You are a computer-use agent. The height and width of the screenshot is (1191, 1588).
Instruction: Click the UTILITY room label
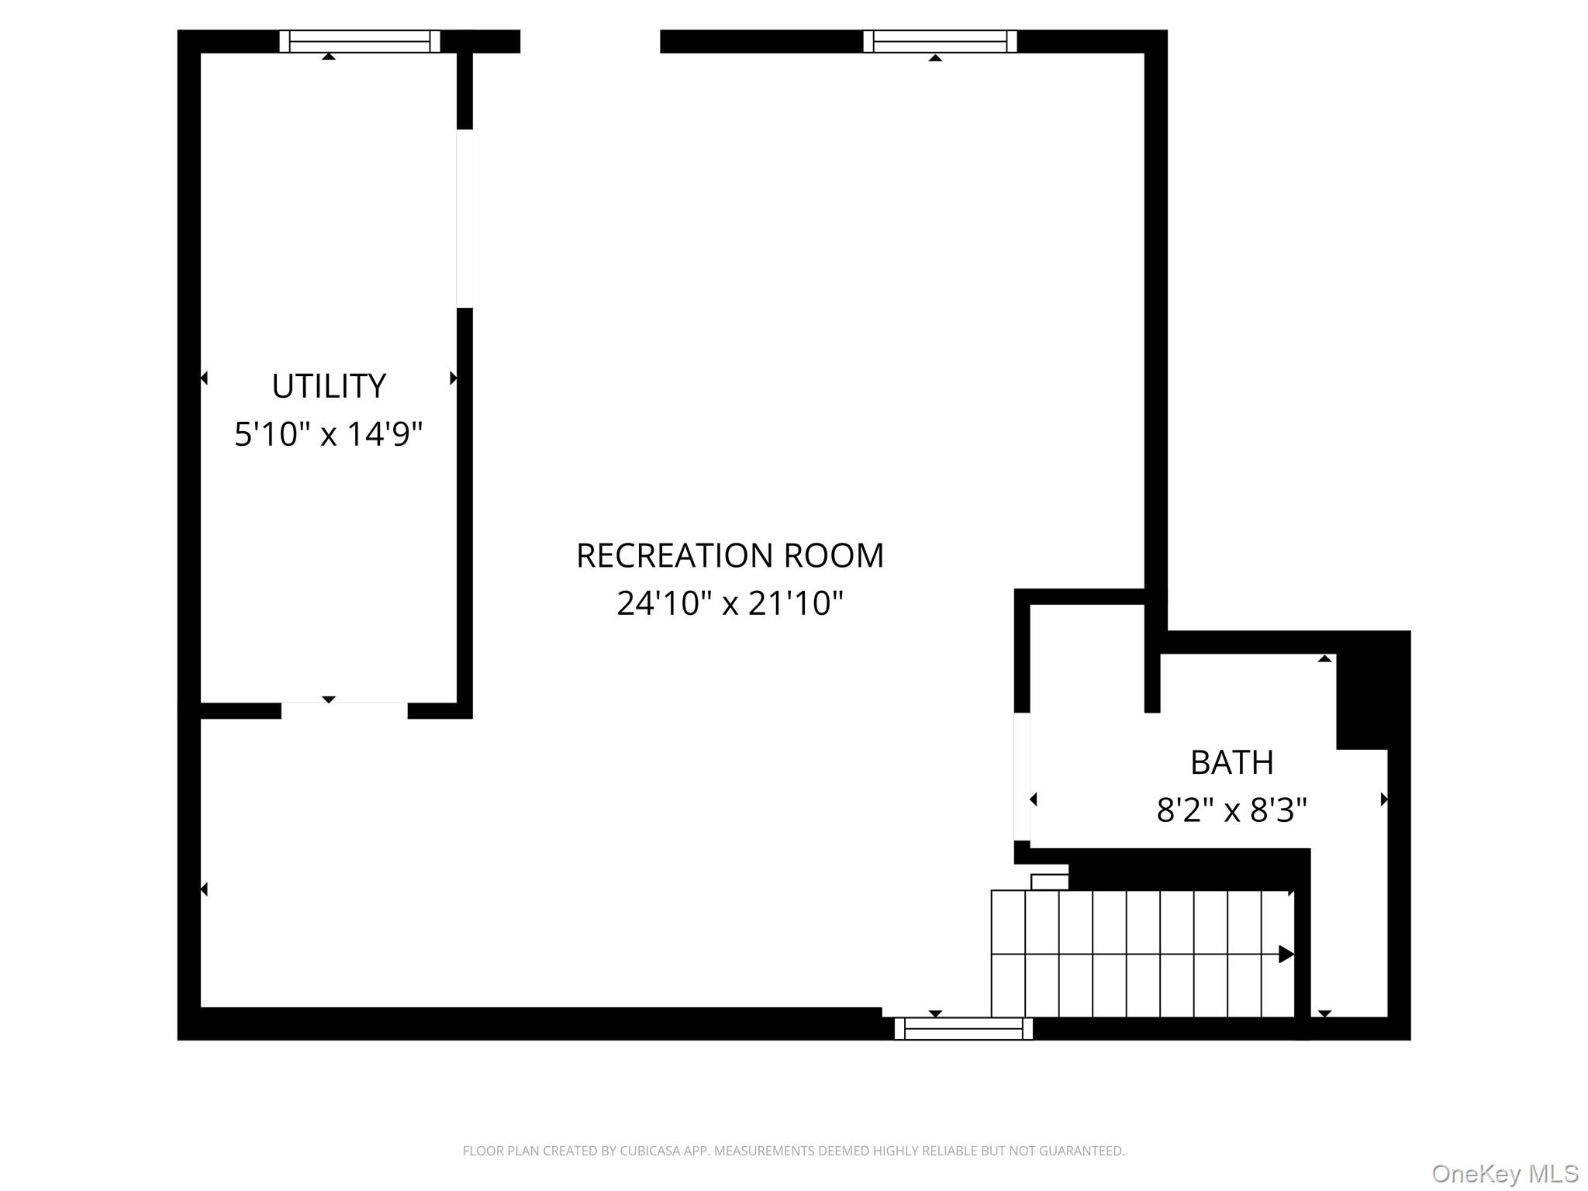point(329,386)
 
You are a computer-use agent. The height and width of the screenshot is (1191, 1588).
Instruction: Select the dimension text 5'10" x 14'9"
point(329,434)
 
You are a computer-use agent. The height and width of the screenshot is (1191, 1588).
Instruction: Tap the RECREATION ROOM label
point(730,556)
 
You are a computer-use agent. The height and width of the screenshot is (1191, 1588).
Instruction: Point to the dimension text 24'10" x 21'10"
point(730,603)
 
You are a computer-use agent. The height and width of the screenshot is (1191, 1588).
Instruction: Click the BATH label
point(1231,763)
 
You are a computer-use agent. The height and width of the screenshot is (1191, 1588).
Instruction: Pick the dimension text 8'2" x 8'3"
point(1231,811)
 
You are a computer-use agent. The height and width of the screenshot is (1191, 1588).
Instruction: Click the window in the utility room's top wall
point(360,41)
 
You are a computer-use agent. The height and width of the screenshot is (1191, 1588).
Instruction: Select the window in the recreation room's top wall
point(940,41)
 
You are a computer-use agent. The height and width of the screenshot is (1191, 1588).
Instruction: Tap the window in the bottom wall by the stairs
point(964,1029)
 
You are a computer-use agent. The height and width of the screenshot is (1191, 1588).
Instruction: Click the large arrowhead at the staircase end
point(1286,955)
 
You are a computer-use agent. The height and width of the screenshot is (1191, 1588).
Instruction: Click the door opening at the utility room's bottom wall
point(344,710)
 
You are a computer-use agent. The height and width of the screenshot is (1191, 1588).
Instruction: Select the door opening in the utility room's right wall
point(464,218)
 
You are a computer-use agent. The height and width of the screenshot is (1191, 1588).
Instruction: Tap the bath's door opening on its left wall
point(1022,776)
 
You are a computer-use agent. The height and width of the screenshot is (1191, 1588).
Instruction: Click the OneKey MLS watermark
point(1504,1174)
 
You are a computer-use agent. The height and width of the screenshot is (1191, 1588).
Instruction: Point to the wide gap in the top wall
point(590,41)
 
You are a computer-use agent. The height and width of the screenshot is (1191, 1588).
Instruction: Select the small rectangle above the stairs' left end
point(1049,882)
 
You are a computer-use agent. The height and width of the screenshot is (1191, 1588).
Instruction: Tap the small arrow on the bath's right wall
point(1383,799)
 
